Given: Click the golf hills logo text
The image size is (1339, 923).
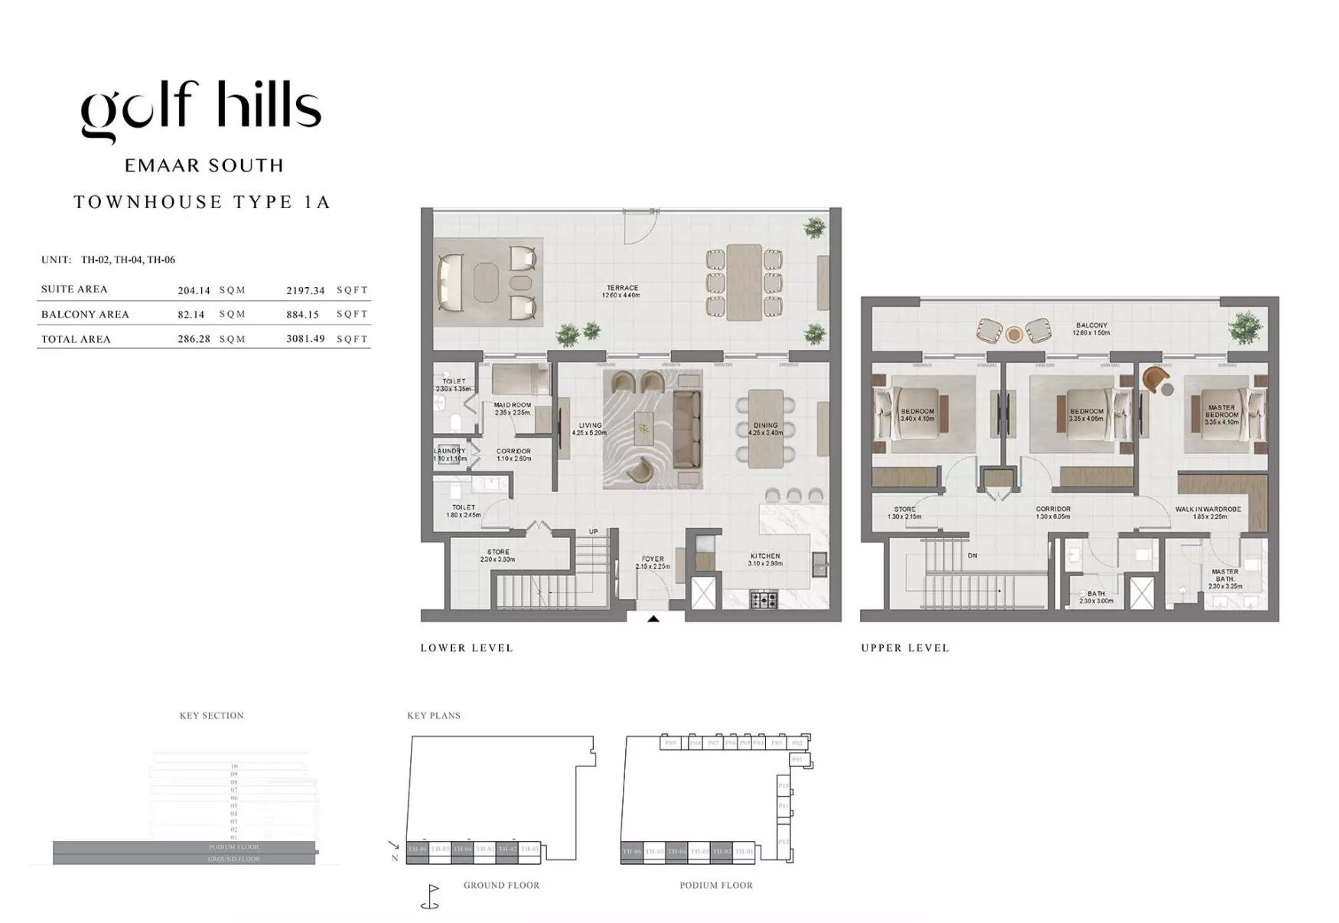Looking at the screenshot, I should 200,109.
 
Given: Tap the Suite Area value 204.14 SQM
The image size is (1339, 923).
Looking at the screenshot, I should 211,290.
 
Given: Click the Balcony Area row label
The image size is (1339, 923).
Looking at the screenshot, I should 85,314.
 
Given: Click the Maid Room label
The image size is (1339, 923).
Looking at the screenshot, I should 512,409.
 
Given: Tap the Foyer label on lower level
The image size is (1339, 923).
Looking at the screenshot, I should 652,563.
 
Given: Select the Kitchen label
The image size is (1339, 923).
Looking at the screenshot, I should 764,559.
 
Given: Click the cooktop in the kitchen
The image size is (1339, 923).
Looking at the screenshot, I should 763,599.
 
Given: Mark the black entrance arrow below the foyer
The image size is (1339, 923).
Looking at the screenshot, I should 653,618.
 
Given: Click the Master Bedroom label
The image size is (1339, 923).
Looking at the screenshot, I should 1221,414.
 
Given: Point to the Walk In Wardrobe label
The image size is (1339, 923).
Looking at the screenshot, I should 1208,512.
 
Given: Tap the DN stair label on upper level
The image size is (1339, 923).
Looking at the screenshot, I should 972,556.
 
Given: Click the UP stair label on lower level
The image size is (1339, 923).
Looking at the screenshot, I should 593,531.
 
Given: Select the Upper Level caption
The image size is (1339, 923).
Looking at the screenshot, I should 904,647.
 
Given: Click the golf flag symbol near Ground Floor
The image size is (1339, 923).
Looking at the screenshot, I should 431,896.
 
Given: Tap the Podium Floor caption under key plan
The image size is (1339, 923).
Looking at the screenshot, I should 715,885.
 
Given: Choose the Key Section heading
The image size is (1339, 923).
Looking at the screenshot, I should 211,715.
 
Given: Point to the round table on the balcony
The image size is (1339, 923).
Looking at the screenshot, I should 1014,334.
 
